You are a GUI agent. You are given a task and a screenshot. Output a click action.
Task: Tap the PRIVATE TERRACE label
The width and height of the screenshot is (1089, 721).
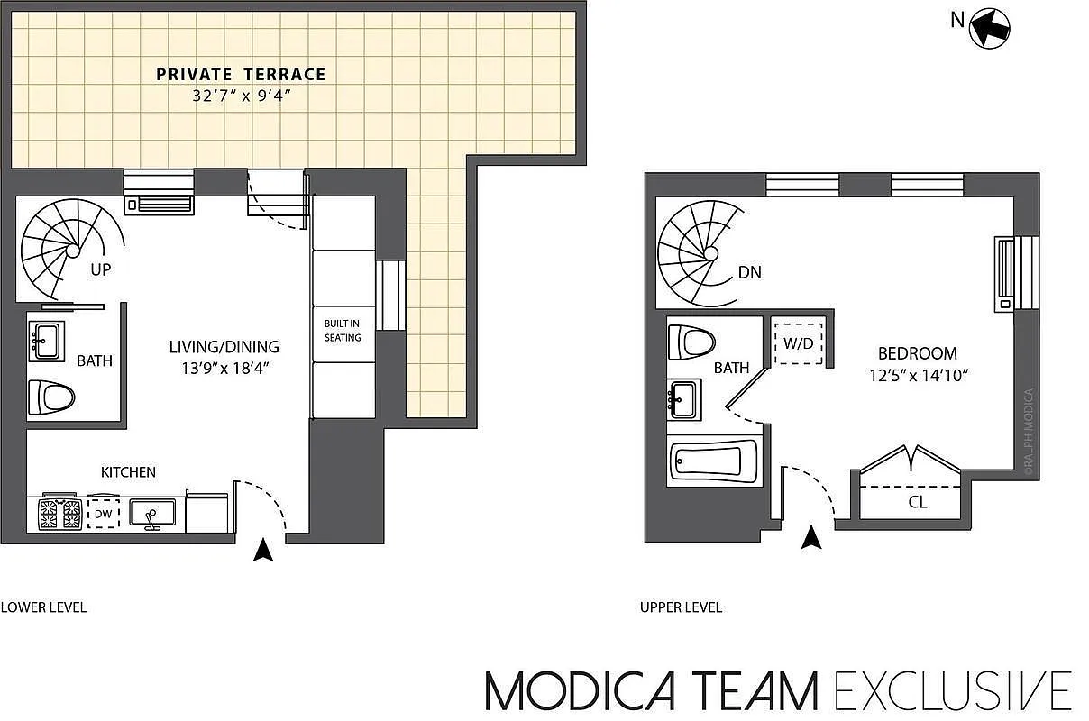(241, 75)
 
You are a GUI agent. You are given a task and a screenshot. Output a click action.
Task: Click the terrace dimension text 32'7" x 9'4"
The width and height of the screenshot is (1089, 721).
(241, 96)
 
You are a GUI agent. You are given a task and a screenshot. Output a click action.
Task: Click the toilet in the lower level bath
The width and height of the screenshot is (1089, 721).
(50, 396)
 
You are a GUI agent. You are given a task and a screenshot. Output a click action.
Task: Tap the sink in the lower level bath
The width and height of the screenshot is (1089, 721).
(44, 342)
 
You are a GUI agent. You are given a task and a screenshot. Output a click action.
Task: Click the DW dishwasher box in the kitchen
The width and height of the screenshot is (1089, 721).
(104, 514)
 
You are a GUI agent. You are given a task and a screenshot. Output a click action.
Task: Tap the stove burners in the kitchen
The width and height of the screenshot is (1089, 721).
(59, 514)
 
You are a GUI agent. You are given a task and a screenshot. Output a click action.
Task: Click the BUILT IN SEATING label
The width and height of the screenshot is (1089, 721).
(343, 330)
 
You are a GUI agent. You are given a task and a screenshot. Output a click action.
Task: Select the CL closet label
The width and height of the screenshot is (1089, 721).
(917, 503)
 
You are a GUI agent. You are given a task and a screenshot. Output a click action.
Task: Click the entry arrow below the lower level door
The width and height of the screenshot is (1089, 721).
(262, 550)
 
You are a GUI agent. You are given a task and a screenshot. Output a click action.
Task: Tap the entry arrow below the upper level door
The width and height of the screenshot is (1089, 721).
(812, 538)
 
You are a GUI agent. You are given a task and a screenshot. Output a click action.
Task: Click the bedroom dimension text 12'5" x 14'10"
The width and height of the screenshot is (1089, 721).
(919, 376)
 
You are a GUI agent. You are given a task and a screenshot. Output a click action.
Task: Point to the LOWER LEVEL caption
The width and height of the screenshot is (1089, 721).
(43, 607)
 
